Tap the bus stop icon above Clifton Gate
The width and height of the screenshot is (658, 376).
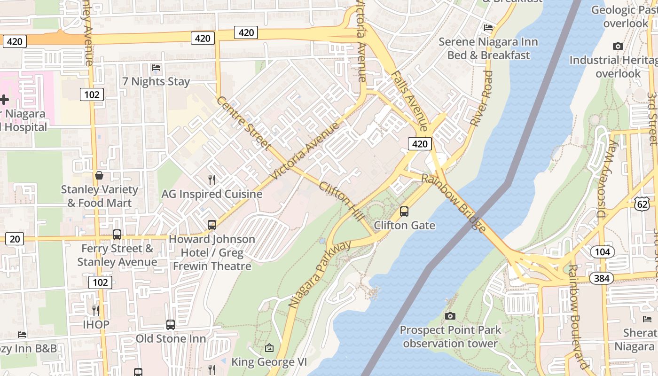pyautogui.click(x=404, y=211)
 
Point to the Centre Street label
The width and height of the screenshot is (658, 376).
pyautogui.click(x=243, y=124)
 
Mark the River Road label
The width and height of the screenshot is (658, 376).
pyautogui.click(x=481, y=98)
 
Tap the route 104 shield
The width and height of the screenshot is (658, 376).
pyautogui.click(x=602, y=252)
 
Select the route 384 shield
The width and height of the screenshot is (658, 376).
pyautogui.click(x=601, y=279)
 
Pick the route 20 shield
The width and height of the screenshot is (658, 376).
pyautogui.click(x=15, y=239)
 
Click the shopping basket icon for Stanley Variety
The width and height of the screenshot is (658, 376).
pyautogui.click(x=99, y=176)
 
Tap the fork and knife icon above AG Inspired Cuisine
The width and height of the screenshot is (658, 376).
pyautogui.click(x=212, y=180)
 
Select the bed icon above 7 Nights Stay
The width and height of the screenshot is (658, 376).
pyautogui.click(x=156, y=68)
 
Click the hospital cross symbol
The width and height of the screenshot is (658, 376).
pyautogui.click(x=4, y=100)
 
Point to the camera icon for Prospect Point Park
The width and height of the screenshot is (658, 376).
pyautogui.click(x=450, y=316)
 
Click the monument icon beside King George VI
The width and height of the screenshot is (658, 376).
pyautogui.click(x=269, y=348)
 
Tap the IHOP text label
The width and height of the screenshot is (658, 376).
pyautogui.click(x=96, y=324)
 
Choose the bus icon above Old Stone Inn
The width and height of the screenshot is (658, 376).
pyautogui.click(x=171, y=325)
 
